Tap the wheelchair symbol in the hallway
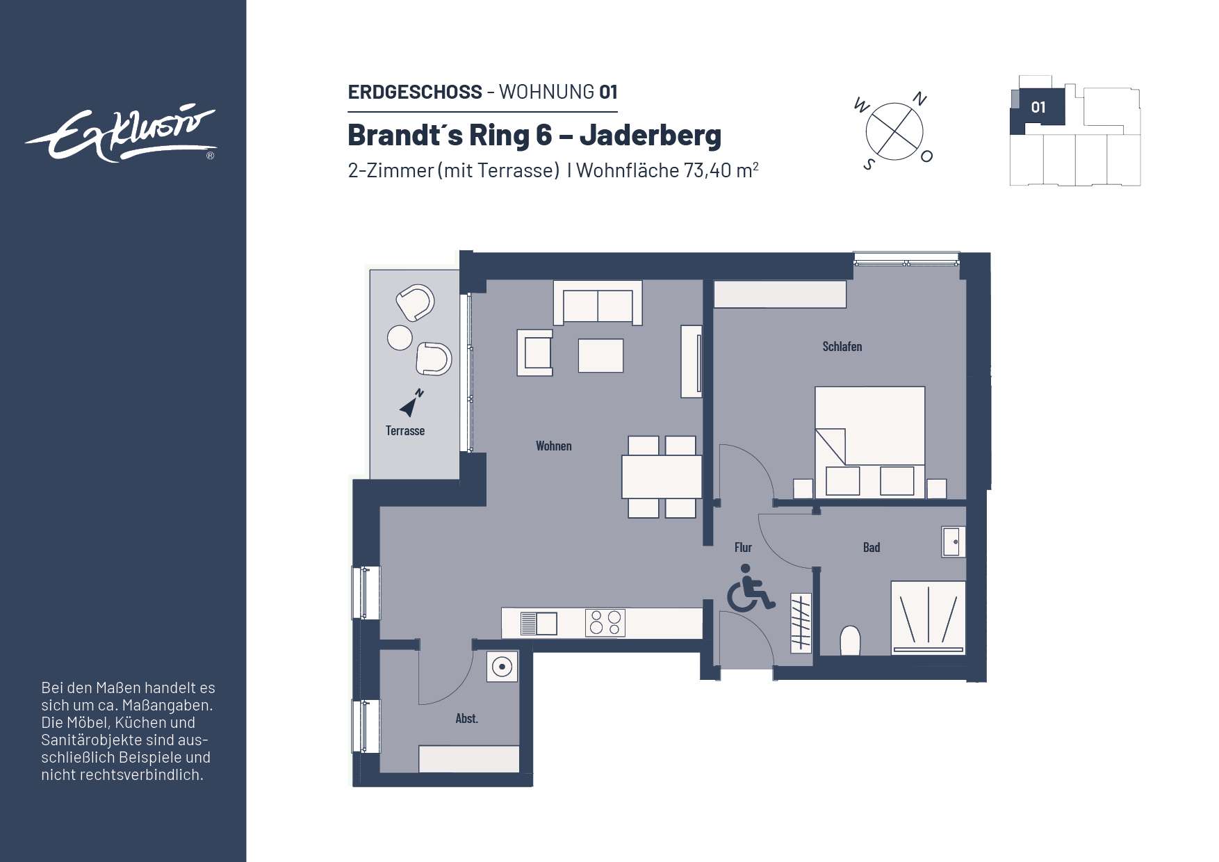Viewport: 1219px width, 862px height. click(749, 589)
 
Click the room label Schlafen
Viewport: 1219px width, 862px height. click(842, 346)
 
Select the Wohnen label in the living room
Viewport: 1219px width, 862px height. click(553, 446)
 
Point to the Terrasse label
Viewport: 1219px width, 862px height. click(405, 431)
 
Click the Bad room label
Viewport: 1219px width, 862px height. click(871, 548)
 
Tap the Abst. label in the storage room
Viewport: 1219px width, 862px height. click(466, 719)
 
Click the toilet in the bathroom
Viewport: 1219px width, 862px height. click(850, 640)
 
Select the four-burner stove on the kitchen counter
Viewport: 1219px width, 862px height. click(605, 623)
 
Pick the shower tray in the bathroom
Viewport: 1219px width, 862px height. click(928, 617)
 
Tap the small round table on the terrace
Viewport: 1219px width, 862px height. click(400, 338)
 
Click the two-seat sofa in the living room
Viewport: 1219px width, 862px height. click(598, 304)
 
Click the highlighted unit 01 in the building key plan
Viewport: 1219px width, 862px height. click(1038, 108)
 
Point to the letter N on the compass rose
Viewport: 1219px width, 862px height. click(919, 99)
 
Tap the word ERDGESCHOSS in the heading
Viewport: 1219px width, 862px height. click(415, 92)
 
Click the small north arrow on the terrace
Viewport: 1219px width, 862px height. click(411, 403)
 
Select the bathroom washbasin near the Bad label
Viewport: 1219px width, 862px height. click(953, 542)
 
